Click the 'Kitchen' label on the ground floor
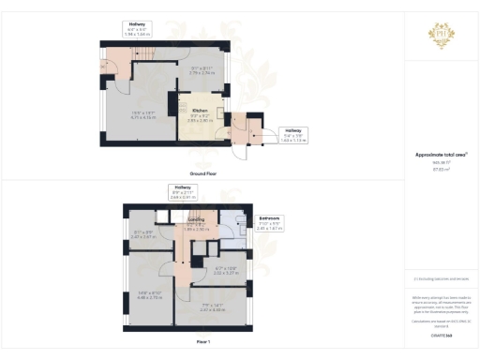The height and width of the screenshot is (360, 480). (x=200, y=110)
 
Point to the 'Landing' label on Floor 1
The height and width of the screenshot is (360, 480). (x=197, y=221)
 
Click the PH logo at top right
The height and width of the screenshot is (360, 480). (x=441, y=35)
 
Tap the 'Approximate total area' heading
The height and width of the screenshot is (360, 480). (x=440, y=154)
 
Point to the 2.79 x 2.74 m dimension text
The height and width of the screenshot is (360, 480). (x=203, y=71)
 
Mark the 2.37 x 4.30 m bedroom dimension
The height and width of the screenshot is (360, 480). (x=214, y=308)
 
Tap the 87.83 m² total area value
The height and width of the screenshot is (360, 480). (x=440, y=170)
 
